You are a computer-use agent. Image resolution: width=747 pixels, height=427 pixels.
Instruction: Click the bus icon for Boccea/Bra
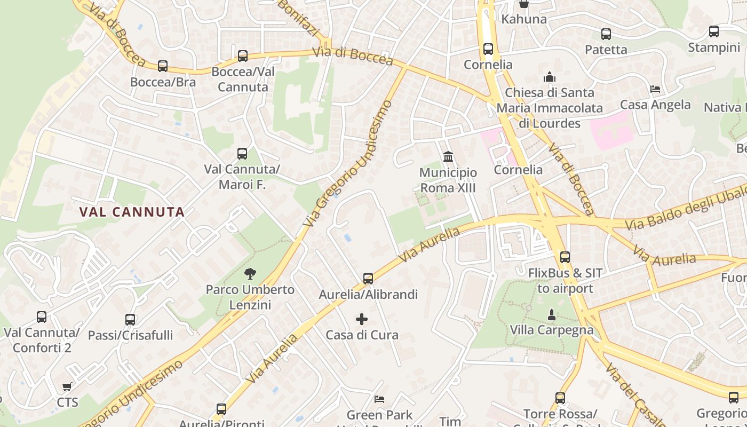click(x=163, y=66)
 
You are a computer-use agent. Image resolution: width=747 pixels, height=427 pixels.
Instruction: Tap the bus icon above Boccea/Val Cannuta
click(x=243, y=56)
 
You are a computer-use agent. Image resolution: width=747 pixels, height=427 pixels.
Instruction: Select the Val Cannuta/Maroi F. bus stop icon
click(x=242, y=154)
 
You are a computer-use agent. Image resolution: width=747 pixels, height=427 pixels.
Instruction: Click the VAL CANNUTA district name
click(x=132, y=212)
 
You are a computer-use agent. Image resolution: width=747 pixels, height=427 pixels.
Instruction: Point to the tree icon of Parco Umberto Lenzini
click(x=250, y=274)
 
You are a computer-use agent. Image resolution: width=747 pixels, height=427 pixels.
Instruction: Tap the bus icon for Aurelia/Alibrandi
click(x=368, y=279)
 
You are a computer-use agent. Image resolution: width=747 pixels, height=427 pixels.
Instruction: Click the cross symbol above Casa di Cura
click(x=362, y=319)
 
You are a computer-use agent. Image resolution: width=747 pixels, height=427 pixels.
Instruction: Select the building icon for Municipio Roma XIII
click(x=448, y=157)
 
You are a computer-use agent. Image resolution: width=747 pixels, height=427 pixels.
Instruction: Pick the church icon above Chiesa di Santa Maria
click(x=550, y=77)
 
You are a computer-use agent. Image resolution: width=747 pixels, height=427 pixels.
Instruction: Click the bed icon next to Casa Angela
click(x=655, y=89)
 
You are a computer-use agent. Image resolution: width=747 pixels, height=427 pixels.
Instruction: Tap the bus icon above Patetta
click(x=606, y=34)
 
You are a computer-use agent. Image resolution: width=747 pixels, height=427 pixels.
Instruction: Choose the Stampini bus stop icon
click(x=714, y=31)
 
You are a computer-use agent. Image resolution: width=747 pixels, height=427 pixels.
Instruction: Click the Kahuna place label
click(x=524, y=19)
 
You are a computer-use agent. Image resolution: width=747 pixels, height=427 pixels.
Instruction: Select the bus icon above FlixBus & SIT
click(x=565, y=257)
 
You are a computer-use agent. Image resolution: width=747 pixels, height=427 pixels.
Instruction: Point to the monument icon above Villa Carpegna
click(x=552, y=315)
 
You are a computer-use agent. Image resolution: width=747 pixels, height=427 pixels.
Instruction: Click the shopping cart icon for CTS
click(x=67, y=386)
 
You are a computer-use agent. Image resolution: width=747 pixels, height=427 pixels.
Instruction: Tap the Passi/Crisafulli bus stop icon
click(x=130, y=320)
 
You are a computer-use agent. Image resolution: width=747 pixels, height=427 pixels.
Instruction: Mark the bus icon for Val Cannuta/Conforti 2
click(x=42, y=317)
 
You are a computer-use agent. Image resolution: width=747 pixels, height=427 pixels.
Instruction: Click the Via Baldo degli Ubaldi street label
click(x=686, y=208)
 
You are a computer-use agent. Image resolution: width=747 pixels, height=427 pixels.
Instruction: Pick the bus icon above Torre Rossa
click(x=560, y=398)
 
